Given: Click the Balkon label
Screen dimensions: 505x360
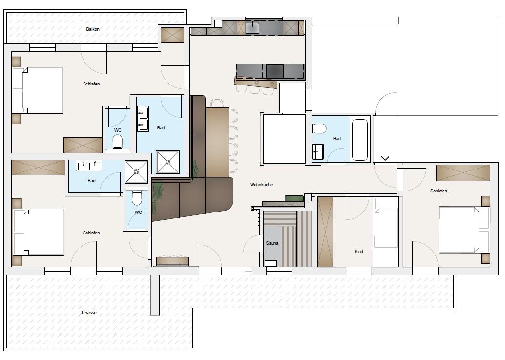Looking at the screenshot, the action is [x=93, y=29].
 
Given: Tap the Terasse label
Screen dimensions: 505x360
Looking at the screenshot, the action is [x=88, y=312].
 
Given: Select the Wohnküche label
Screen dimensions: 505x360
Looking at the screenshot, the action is [x=261, y=185].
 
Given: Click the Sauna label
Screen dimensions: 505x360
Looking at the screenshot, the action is [x=272, y=243].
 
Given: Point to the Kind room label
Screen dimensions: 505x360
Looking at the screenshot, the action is [x=359, y=252].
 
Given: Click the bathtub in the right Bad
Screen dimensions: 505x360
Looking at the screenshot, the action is [x=360, y=140].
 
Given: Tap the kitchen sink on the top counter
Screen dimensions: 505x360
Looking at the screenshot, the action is [x=253, y=27].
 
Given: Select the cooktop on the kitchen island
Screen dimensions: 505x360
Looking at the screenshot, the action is [x=275, y=71].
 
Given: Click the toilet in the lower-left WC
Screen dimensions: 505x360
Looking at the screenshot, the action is [x=137, y=198].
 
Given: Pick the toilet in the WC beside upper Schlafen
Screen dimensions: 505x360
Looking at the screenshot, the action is [x=118, y=141].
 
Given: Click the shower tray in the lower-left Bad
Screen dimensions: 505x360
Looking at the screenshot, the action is [x=136, y=172].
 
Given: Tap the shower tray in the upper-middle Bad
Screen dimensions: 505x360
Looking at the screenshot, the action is [x=168, y=162].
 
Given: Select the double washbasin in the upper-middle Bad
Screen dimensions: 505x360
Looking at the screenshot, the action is [x=143, y=119].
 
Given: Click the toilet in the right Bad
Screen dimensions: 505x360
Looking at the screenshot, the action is [x=319, y=128].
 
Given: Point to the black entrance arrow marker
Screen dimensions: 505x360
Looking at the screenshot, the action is [x=385, y=158].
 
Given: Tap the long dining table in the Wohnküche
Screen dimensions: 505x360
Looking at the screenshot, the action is [x=217, y=142].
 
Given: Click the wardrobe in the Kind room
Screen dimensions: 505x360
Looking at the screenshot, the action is [x=325, y=232].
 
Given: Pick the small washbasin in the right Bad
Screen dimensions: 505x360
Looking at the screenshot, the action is [x=318, y=151].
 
